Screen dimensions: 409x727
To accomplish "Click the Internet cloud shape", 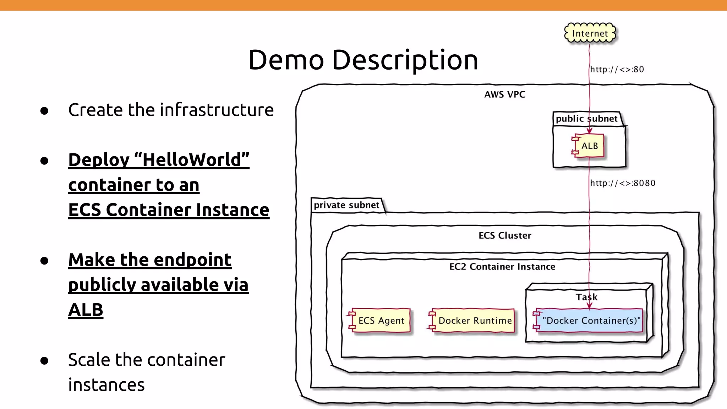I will pyautogui.click(x=590, y=33).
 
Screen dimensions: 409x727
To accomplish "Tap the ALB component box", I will pyautogui.click(x=589, y=146).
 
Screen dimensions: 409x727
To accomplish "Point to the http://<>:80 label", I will pyautogui.click(x=617, y=69).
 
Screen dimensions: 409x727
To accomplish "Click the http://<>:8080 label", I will pyautogui.click(x=623, y=183).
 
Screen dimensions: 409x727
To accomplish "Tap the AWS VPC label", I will pyautogui.click(x=505, y=94).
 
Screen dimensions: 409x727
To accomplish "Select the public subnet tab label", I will pyautogui.click(x=586, y=119).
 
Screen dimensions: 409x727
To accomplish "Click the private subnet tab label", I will pyautogui.click(x=346, y=205).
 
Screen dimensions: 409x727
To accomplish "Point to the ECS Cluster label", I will pyautogui.click(x=505, y=235).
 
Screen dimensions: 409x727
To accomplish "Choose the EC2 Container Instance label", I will pyautogui.click(x=502, y=267).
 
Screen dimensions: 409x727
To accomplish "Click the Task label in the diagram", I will pyautogui.click(x=586, y=297).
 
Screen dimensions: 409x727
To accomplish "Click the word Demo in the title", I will pyautogui.click(x=286, y=60).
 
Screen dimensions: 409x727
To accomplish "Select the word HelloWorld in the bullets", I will pyautogui.click(x=192, y=160).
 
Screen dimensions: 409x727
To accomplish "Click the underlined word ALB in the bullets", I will pyautogui.click(x=86, y=310).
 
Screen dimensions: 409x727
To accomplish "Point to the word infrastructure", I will pyautogui.click(x=217, y=110).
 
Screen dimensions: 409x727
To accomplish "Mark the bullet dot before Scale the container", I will pyautogui.click(x=44, y=361).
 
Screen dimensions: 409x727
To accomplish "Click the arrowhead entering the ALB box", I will pyautogui.click(x=589, y=131).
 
